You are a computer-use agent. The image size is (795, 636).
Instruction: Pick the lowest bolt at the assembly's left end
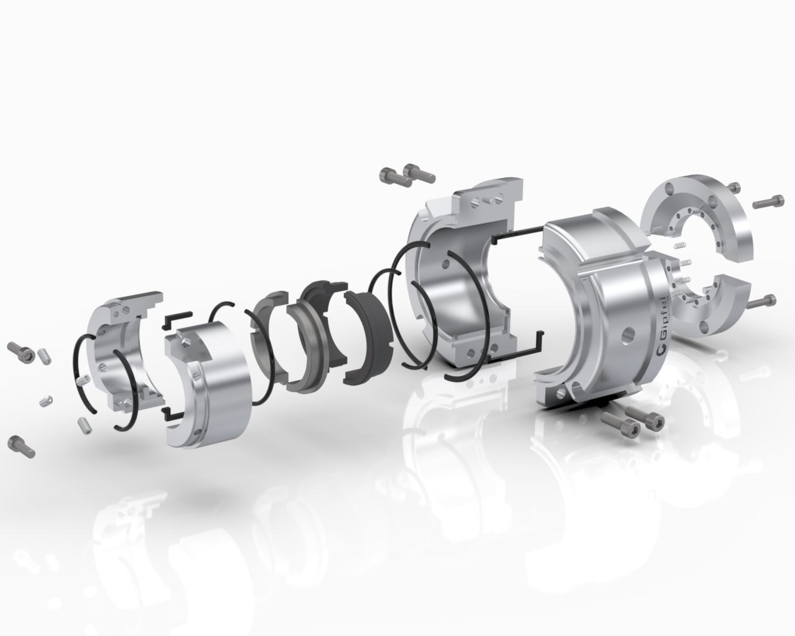point(21,447)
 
